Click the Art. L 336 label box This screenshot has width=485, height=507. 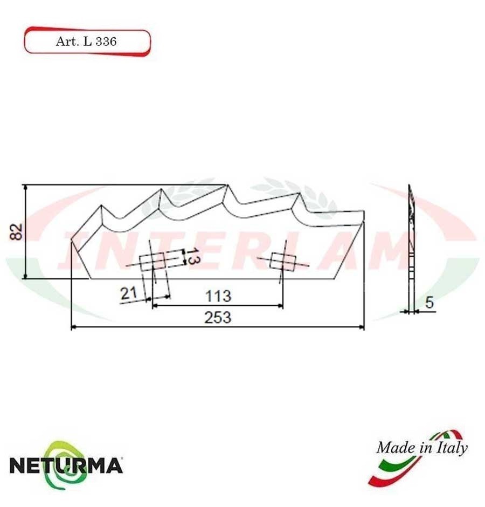tap(86, 42)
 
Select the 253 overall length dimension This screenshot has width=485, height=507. tap(217, 317)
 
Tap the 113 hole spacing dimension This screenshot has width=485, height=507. tap(218, 296)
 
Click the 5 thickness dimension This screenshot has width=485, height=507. tap(429, 303)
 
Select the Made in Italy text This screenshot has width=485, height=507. tap(421, 447)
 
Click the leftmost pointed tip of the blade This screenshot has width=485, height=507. tap(72, 242)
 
